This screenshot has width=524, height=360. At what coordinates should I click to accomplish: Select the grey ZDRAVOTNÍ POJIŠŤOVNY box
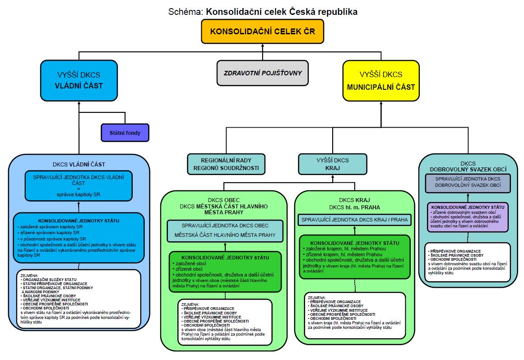(x=262, y=73)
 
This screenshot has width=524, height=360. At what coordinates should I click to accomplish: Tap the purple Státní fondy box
(x=124, y=133)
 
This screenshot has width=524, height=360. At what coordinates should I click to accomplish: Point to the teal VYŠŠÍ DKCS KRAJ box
(x=326, y=164)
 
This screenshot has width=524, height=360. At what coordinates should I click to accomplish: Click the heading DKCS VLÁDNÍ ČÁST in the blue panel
(x=79, y=165)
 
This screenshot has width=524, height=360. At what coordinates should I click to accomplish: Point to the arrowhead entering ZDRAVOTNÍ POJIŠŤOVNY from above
(x=262, y=58)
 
